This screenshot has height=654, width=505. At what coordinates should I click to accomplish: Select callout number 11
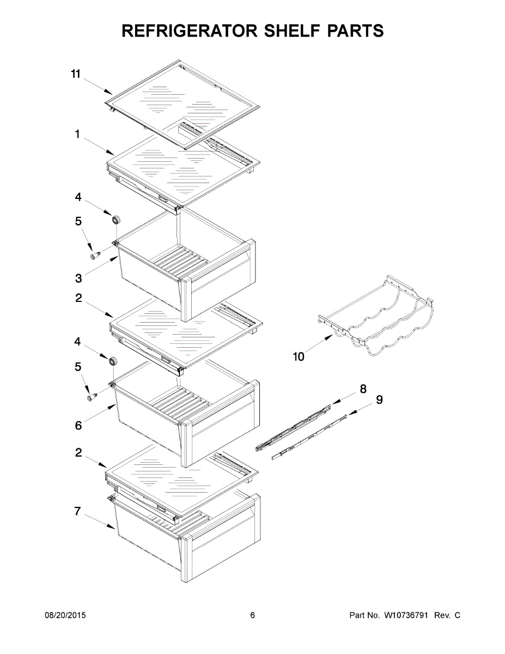[x=76, y=74]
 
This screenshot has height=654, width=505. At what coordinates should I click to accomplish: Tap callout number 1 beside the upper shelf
[x=78, y=135]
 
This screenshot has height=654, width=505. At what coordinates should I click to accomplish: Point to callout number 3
[x=79, y=278]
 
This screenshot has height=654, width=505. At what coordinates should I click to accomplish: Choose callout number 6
[x=78, y=426]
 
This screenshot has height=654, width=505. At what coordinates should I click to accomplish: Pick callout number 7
[x=78, y=511]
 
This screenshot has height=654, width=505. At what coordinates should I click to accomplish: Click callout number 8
[x=363, y=389]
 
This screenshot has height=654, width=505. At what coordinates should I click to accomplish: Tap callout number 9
[x=379, y=400]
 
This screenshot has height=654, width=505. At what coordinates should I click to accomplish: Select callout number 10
[x=299, y=357]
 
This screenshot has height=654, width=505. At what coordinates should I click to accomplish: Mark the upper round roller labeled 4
[x=116, y=219]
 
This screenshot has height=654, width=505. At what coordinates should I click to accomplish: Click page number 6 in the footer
[x=252, y=615]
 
